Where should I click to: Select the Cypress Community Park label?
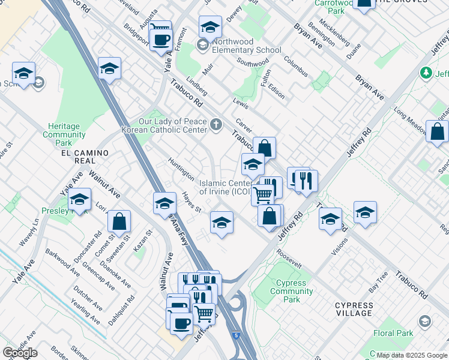292,291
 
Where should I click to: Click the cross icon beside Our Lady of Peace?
216,125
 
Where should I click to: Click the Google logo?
19,353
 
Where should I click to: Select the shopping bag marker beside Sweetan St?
119,222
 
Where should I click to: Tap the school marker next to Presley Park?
79,200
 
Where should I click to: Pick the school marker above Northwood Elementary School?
210,27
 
